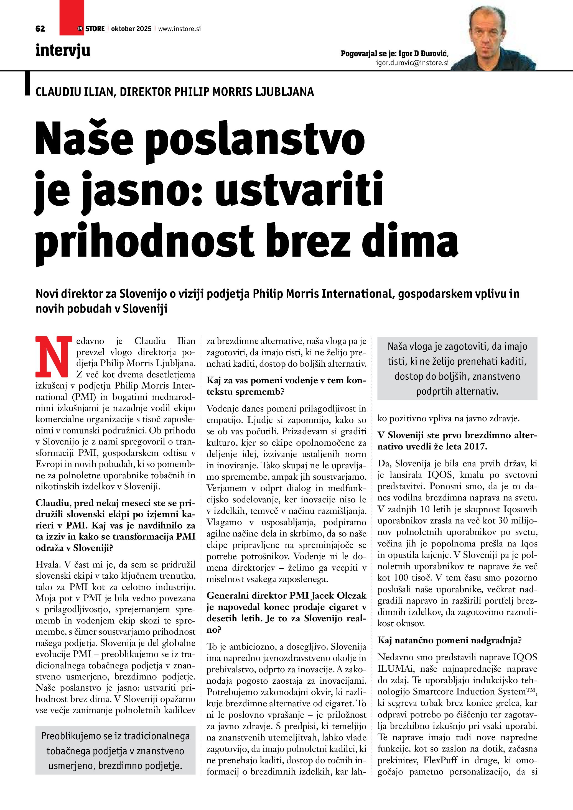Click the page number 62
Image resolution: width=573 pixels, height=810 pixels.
40,29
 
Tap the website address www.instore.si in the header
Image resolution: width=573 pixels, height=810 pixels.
179,29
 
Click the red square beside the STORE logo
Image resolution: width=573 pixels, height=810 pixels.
72,14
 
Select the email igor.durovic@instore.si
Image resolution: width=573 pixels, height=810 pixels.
412,63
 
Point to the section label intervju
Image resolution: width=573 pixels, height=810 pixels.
63,50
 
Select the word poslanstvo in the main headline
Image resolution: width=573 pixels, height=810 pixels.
255,139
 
